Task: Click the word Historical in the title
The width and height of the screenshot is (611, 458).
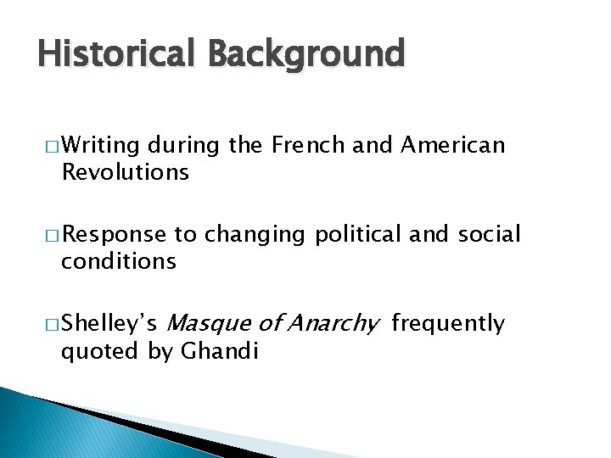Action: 116,53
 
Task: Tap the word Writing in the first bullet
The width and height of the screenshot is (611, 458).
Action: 100,146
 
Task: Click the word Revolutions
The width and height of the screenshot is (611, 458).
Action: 125,172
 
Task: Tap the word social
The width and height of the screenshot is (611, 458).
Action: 489,235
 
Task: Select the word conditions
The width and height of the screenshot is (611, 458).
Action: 119,261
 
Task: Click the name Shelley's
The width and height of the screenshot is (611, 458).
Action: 109,324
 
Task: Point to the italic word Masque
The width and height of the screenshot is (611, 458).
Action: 210,324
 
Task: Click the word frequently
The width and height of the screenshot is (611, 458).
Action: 448,324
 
